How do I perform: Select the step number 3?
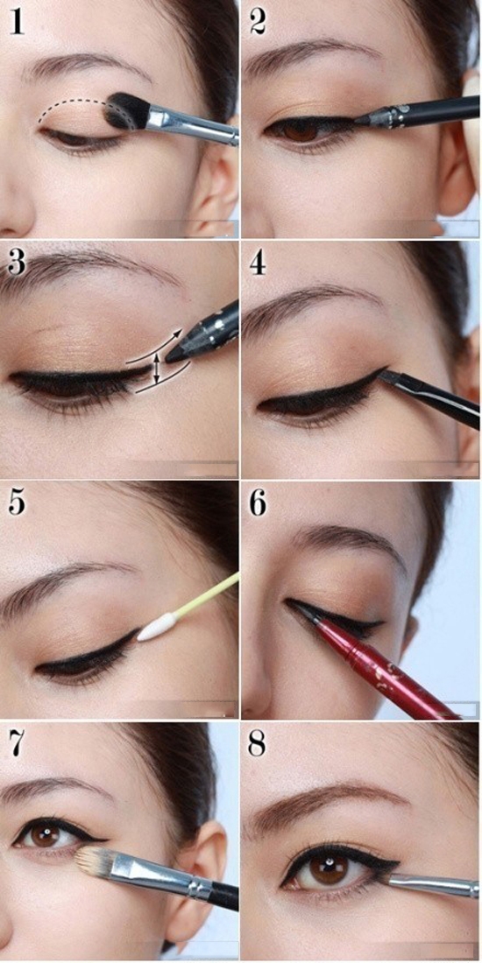click(x=17, y=263)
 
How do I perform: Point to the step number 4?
click(x=259, y=263)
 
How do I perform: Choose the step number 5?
click(x=17, y=503)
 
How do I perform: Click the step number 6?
click(x=259, y=503)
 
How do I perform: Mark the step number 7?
click(x=17, y=744)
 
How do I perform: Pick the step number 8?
click(x=259, y=744)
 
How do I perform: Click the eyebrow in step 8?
click(x=326, y=800)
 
